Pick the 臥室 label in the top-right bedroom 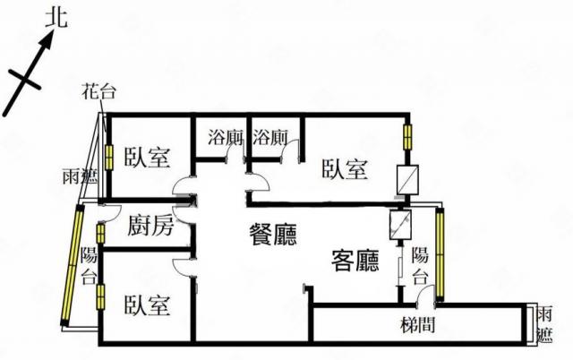(345, 169)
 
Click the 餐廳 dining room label (273, 235)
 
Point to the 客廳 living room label (355, 261)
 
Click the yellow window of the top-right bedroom (408, 138)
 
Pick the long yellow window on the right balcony (440, 253)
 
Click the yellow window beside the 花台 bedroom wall (109, 156)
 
